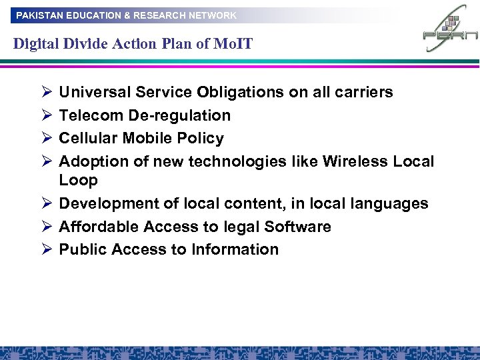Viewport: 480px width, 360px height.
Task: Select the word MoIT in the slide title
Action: [x=234, y=45]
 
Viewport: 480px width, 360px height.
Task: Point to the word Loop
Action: [x=78, y=180]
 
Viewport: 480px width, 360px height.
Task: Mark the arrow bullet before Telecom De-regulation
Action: [x=45, y=115]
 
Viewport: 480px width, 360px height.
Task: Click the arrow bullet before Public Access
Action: [x=45, y=249]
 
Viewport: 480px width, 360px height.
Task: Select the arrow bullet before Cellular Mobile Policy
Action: [x=45, y=138]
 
